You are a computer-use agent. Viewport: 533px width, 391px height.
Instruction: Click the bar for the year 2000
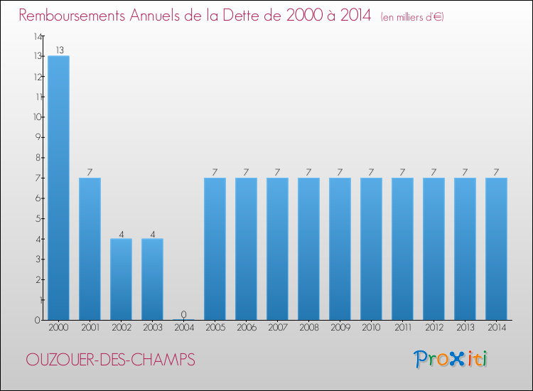[58, 188]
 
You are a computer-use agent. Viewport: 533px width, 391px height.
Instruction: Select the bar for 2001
[90, 249]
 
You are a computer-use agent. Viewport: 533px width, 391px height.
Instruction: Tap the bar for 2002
[121, 279]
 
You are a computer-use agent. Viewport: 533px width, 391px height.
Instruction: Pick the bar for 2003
[152, 279]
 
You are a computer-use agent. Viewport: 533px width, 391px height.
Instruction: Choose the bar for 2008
[308, 249]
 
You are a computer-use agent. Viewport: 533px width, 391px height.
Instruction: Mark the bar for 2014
[496, 249]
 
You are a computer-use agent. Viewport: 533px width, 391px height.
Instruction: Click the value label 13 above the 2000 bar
[58, 50]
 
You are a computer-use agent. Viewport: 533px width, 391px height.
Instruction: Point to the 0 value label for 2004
[183, 314]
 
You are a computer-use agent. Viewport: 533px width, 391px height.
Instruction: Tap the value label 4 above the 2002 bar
[121, 233]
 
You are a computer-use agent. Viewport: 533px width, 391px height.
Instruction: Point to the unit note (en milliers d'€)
[412, 16]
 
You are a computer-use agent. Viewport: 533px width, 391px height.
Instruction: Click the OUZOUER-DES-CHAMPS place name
[110, 360]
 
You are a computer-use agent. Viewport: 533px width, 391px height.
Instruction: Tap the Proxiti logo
[451, 359]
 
